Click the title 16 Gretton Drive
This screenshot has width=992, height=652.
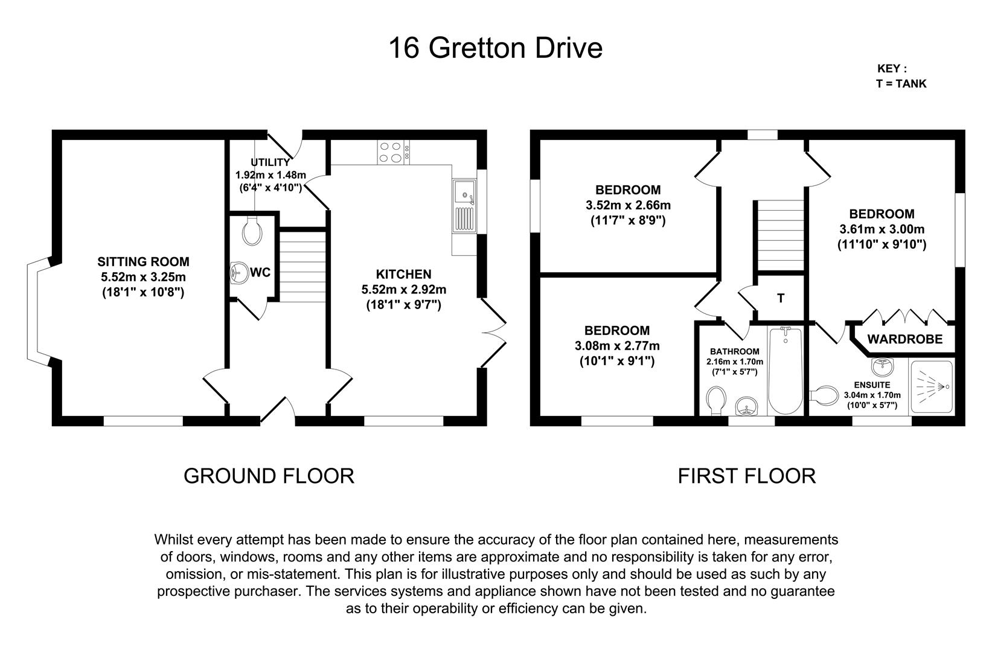point(496,48)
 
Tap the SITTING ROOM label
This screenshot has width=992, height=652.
point(144,262)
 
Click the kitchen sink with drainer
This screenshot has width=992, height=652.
point(464,206)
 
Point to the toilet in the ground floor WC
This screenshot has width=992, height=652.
point(252,229)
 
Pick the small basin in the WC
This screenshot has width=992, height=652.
point(239,272)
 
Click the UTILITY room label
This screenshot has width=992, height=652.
point(270,162)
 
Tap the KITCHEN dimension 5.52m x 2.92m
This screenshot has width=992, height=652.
point(404,290)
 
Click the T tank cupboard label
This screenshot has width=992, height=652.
point(781,298)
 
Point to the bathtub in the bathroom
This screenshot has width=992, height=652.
point(785,370)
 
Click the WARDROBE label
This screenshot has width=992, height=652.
point(905,339)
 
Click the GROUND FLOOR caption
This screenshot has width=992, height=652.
point(269,476)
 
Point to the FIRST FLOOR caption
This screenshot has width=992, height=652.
point(747,476)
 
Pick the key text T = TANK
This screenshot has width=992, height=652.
point(901,84)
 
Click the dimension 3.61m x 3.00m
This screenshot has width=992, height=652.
point(882,229)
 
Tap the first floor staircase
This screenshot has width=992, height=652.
point(780,235)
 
